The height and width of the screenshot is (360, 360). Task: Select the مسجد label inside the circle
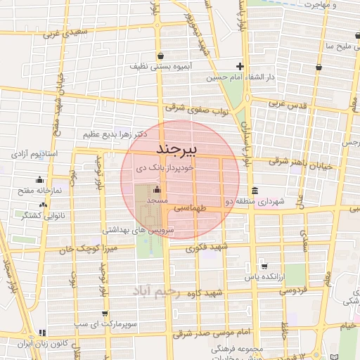pos(155,201)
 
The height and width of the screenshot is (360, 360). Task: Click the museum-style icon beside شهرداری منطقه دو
pos(254,191)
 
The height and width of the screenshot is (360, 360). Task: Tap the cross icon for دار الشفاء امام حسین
pos(239,65)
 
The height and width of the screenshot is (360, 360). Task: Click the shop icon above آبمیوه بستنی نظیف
pos(161,55)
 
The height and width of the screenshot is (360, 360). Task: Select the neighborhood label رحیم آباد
pos(167,290)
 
